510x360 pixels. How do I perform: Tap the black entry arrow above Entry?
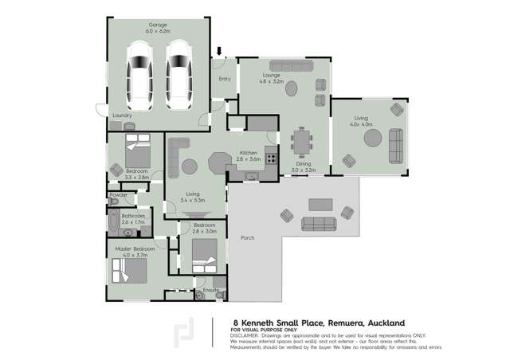click(220, 52)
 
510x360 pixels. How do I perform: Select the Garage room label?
click(158, 26)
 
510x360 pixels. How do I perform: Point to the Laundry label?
click(122, 115)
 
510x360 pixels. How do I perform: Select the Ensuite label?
click(210, 290)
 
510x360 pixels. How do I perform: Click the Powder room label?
click(118, 194)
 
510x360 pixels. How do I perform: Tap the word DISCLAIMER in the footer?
click(248, 335)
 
